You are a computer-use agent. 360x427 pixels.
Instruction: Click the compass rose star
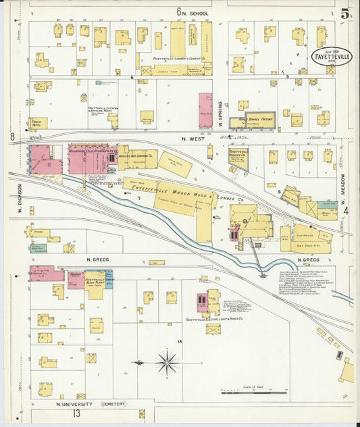(166, 363)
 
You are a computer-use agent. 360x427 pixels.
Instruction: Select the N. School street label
(196, 13)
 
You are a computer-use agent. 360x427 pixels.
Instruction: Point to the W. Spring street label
(220, 111)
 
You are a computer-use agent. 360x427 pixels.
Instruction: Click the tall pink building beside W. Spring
(205, 110)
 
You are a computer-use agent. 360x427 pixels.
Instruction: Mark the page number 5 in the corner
(345, 14)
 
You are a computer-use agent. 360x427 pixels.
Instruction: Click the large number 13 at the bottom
(78, 413)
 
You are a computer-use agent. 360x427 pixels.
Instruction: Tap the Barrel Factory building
(252, 121)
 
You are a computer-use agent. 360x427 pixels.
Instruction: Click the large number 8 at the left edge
(12, 137)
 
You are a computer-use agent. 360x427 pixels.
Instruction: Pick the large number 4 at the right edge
(345, 211)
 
